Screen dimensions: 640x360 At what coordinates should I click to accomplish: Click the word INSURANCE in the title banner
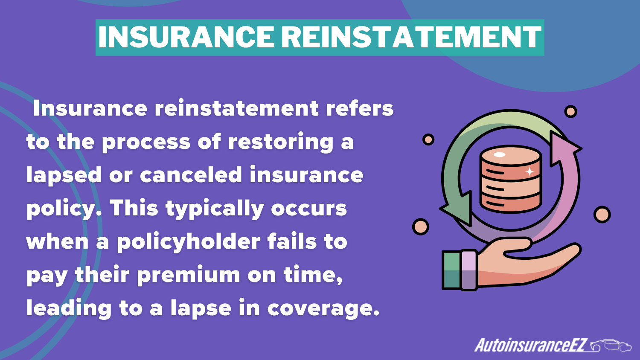coord(186,37)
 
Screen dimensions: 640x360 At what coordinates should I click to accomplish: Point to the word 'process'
coord(146,142)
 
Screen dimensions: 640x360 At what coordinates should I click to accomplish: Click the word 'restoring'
coord(281,142)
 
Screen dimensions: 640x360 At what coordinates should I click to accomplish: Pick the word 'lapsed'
coord(64,175)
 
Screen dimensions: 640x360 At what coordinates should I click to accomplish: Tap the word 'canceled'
coord(191,174)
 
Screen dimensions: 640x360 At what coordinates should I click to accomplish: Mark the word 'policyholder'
coord(189,242)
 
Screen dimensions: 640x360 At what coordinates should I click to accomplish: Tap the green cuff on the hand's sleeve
coord(452,270)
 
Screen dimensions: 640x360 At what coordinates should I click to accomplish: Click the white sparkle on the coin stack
coord(529,171)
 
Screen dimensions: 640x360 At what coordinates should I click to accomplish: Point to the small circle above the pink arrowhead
coord(570,111)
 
